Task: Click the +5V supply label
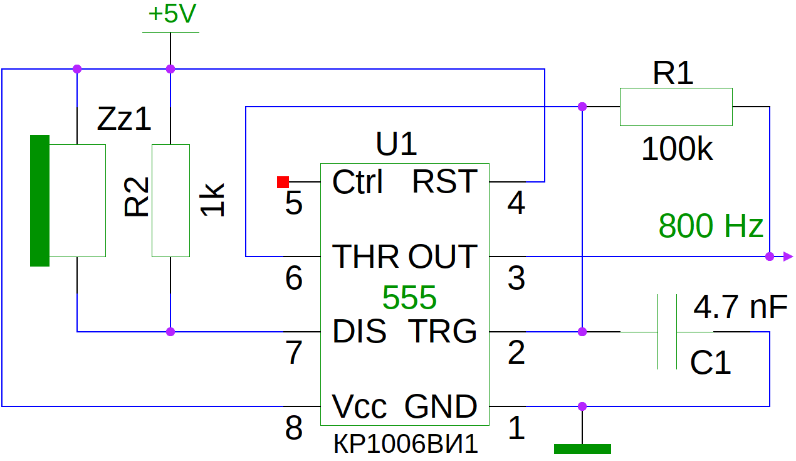click(172, 14)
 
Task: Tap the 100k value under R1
click(677, 149)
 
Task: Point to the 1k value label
click(212, 200)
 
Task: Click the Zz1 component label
click(124, 119)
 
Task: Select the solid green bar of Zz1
click(39, 201)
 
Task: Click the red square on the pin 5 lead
click(283, 182)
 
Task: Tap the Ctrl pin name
click(357, 182)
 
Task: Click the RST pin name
click(444, 181)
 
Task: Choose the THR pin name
click(365, 257)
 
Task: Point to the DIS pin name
click(359, 331)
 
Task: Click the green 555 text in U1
click(409, 297)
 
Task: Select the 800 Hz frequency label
click(711, 226)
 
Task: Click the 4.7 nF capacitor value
click(740, 307)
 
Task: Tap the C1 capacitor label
click(710, 363)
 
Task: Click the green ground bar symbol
click(582, 449)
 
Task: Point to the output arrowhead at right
click(788, 257)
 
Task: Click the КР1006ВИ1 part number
click(406, 444)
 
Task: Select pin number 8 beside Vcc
click(294, 428)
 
